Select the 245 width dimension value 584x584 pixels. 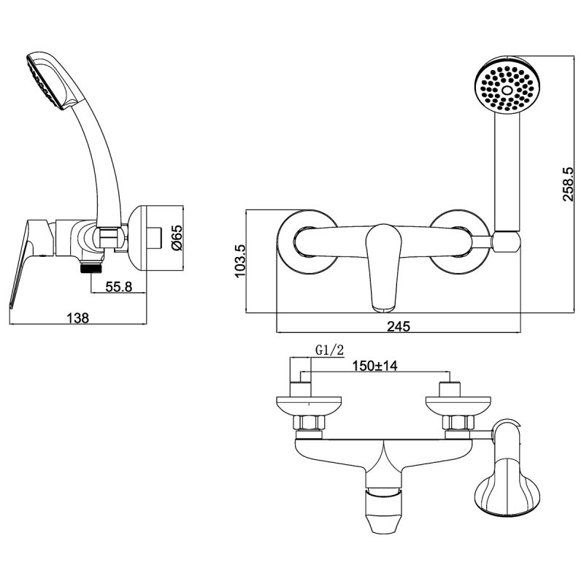tap(398, 326)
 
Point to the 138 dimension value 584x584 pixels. tap(78, 318)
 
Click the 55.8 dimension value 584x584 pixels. tap(118, 287)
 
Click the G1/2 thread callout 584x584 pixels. tap(329, 351)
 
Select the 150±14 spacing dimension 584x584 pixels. tap(374, 366)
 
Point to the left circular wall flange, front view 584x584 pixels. tap(307, 243)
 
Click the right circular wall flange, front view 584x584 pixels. tap(458, 243)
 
